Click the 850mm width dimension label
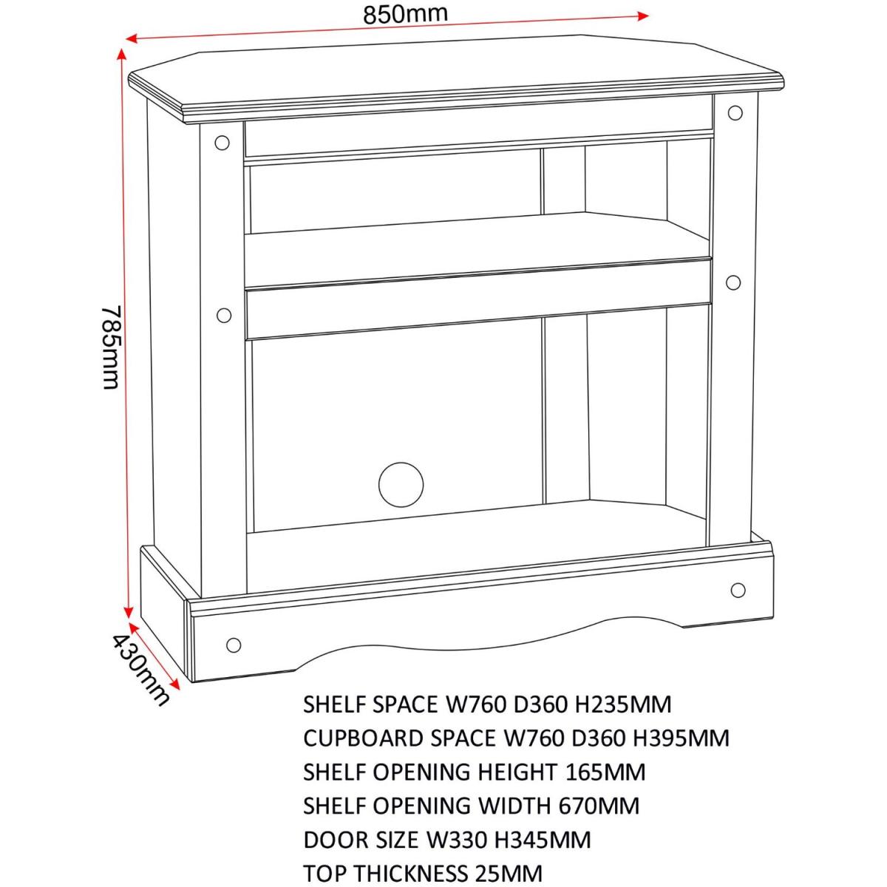pyautogui.click(x=405, y=14)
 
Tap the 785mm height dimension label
pyautogui.click(x=111, y=347)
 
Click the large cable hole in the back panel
pyautogui.click(x=401, y=485)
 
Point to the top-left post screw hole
pyautogui.click(x=222, y=143)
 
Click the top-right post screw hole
pyautogui.click(x=735, y=113)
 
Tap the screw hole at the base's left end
pyautogui.click(x=234, y=645)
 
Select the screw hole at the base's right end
pyautogui.click(x=738, y=590)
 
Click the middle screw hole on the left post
pyautogui.click(x=224, y=316)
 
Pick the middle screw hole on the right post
pyautogui.click(x=733, y=282)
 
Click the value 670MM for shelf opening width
pyautogui.click(x=599, y=819)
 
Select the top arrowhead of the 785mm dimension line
pyautogui.click(x=121, y=54)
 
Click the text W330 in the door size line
pyautogui.click(x=457, y=853)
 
